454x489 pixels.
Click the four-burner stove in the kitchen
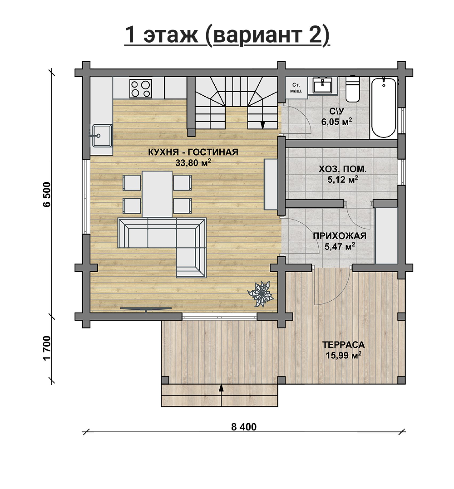coord(141,89)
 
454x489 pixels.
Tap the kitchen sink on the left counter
coord(102,136)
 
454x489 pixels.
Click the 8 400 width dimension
coord(244,427)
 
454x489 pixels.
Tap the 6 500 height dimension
coord(47,194)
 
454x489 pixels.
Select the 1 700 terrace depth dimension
coord(47,348)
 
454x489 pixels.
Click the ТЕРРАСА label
coord(343,345)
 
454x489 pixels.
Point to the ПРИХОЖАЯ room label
coord(340,236)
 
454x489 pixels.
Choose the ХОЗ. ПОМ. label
coord(343,169)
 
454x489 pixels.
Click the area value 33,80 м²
coord(193,162)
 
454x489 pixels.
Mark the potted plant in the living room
coord(261,294)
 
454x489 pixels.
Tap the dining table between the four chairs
coord(157,194)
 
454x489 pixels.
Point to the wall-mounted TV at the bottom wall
coord(146,309)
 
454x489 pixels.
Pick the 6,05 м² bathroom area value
coord(337,122)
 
